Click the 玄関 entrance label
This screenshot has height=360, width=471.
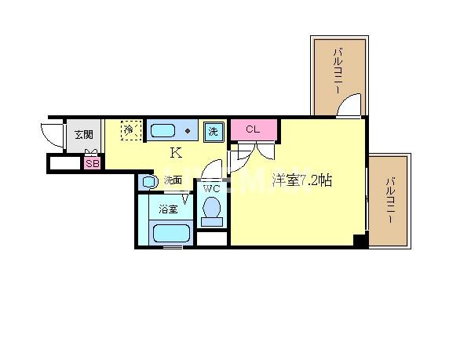[x=83, y=134]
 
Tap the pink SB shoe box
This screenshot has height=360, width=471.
[x=92, y=163]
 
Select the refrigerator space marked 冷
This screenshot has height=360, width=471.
[x=131, y=129]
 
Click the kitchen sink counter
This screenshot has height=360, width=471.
[x=173, y=130]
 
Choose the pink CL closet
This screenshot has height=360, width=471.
[x=254, y=129]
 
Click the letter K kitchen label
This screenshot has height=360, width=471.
[x=176, y=153]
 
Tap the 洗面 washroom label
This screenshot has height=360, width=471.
[x=173, y=180]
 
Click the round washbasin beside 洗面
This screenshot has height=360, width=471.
[x=149, y=181]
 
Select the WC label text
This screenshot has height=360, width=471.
[x=210, y=189]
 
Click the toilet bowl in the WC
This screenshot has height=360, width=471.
[x=210, y=209]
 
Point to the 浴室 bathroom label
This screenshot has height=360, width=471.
[x=167, y=209]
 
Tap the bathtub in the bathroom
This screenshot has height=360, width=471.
[x=171, y=233]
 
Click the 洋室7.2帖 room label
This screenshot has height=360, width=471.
[x=302, y=180]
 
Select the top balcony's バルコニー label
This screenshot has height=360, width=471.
[x=337, y=71]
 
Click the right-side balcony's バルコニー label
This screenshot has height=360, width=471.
[x=389, y=202]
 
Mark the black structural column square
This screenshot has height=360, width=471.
[x=360, y=241]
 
